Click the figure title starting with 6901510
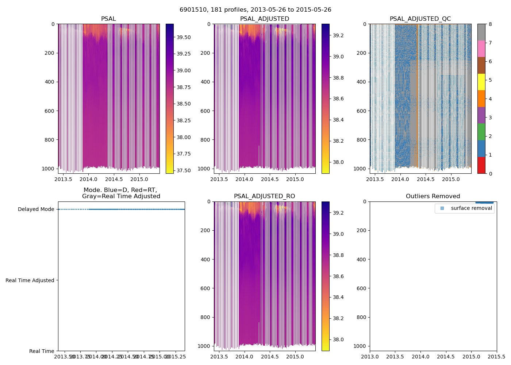coord(255,10)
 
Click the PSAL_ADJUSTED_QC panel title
coord(420,19)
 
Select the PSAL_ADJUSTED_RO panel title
coord(264,196)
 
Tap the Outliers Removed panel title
coord(433,196)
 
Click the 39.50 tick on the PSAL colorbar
coord(184,37)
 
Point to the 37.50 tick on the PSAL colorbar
coord(184,170)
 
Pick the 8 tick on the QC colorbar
coord(490,24)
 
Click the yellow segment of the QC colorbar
coord(481,82)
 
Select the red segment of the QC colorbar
coord(481,165)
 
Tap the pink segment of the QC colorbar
coord(481,49)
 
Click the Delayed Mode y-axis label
coord(36,209)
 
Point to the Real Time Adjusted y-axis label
coord(30,280)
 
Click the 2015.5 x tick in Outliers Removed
coord(497,357)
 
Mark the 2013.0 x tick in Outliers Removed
coord(370,357)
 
